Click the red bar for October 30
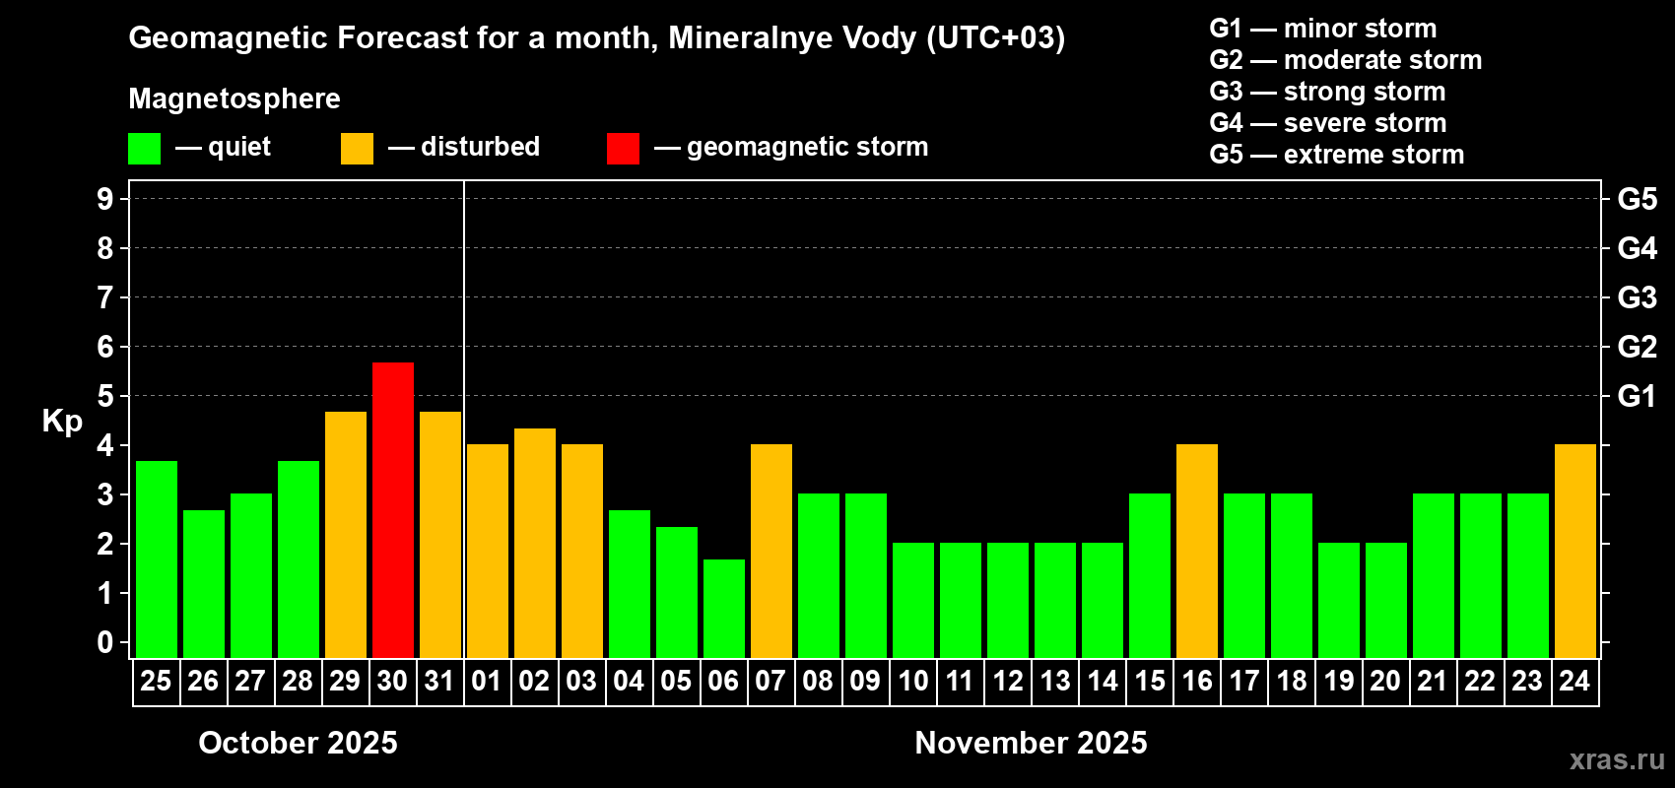[392, 509]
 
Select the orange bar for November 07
[770, 551]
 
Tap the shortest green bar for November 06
[723, 608]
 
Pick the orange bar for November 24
[1574, 551]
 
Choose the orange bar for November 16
[1196, 551]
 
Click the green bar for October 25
[156, 558]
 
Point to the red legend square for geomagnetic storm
[623, 149]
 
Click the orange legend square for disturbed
[357, 149]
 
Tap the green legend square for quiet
[144, 149]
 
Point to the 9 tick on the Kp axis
[105, 199]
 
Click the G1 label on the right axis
[1637, 396]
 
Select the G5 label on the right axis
[1637, 199]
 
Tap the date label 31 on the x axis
[439, 681]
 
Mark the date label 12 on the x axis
[1007, 681]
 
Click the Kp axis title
[62, 421]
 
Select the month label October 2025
[298, 743]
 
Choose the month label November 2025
[1031, 743]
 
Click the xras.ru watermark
[1616, 759]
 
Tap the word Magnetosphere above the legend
[234, 98]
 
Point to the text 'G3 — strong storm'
[1327, 92]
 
